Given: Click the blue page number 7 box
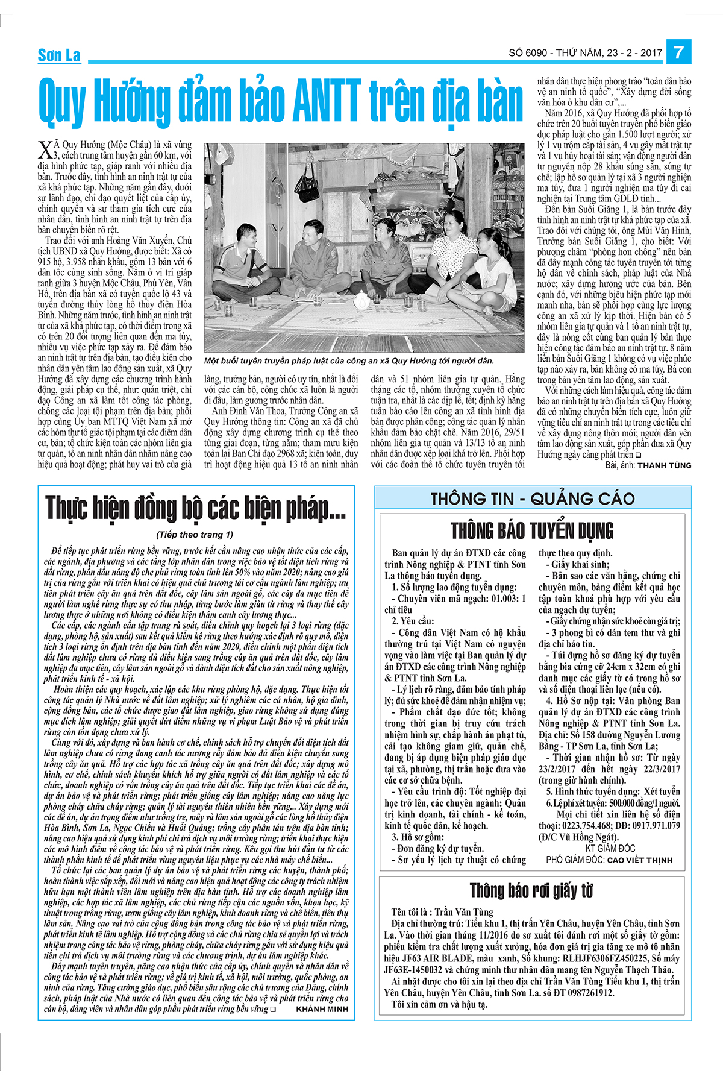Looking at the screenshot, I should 679,52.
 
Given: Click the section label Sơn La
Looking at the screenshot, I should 59,56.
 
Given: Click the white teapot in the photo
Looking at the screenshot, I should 360,300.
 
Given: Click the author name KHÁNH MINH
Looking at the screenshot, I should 322,1008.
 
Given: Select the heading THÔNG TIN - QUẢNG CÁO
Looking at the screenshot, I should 533,498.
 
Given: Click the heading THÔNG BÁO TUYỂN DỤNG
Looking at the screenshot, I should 533,531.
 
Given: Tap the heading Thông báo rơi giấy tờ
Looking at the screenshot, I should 531,890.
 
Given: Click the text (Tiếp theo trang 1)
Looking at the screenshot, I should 194,535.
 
